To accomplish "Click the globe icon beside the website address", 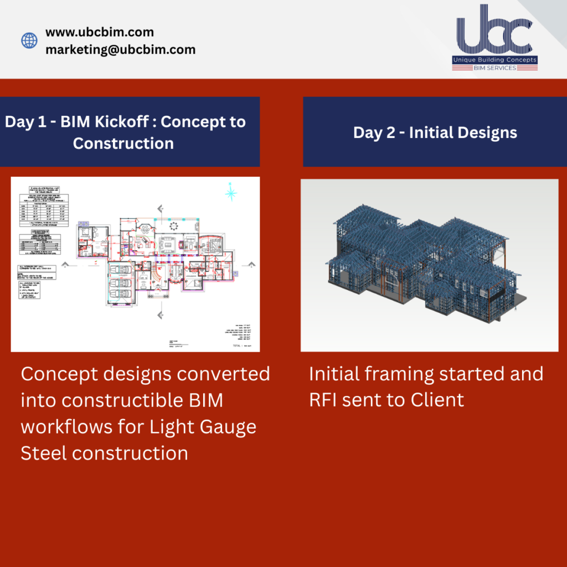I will pos(29,40).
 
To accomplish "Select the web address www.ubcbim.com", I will pos(100,32).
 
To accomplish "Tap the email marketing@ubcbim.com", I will pos(120,49).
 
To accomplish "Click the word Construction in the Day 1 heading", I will pos(123,143).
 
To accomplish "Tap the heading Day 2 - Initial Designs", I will pos(435,133).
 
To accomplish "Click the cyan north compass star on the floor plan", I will pos(230,193).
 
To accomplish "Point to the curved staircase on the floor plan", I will pos(157,275).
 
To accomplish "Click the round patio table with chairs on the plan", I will pos(174,225).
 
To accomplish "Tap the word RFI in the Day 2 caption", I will pos(323,399).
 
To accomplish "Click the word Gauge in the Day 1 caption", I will pos(228,426).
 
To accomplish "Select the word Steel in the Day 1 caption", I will pos(43,453).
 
